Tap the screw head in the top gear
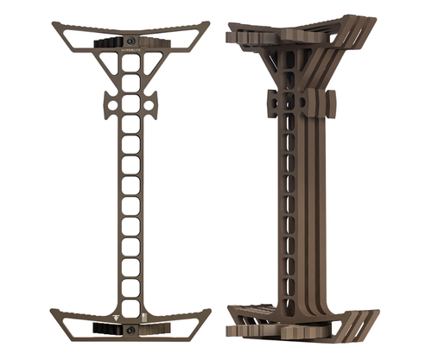[130, 41]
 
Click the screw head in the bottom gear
[130, 330]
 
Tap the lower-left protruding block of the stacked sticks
[235, 331]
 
